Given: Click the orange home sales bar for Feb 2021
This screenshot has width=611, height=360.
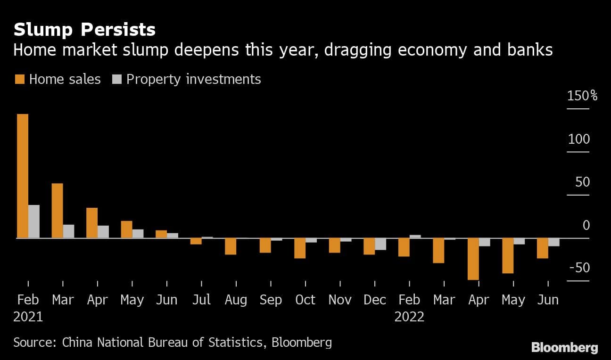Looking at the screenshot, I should coord(23,176).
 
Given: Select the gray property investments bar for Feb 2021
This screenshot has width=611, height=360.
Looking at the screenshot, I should coord(34,221).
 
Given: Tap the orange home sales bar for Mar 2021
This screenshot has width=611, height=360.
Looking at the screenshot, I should coord(57,211).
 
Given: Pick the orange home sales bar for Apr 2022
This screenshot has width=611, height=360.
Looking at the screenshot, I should coord(473,259).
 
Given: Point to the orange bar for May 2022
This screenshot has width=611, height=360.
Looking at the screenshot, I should coord(508,255).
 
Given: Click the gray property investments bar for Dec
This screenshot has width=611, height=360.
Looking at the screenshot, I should coord(380,244).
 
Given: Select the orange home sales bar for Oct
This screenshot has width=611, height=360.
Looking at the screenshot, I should coord(300,248).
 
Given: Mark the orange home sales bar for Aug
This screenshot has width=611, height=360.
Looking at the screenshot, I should coord(231,246).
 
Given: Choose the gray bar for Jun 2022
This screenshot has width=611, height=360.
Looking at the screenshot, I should coord(554,242).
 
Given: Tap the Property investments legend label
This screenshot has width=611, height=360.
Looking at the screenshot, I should coord(193,79).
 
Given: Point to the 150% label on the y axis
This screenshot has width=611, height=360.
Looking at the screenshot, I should coord(582,96).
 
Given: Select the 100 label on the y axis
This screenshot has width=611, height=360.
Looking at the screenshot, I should coord(579,139).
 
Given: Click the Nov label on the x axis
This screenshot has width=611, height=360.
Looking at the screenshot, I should coord(340,300).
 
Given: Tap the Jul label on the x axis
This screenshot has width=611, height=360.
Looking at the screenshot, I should coord(201,300).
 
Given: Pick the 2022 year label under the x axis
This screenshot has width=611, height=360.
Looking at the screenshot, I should coord(409,317).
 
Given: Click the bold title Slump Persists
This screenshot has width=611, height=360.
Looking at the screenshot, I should coord(84,30).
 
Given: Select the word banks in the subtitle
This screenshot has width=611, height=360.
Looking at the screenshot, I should coord(530,50).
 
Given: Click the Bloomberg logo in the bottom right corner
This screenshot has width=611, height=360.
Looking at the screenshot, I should coord(564,348).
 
